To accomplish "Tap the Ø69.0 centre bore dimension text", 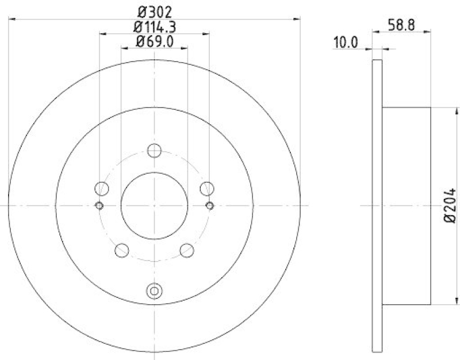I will pos(154,41).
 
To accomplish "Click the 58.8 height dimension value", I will pos(401,25).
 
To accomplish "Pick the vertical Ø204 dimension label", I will pos(450,205).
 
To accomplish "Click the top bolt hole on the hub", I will pos(154,150).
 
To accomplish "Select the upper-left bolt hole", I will pos(102,188).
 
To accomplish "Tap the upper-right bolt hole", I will pos(206,188).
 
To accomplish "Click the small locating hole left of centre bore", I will pos(99,206).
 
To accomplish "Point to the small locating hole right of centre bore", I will pos(209,206).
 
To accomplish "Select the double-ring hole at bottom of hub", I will pos(154,291).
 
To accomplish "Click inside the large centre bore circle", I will pos(154,206).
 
